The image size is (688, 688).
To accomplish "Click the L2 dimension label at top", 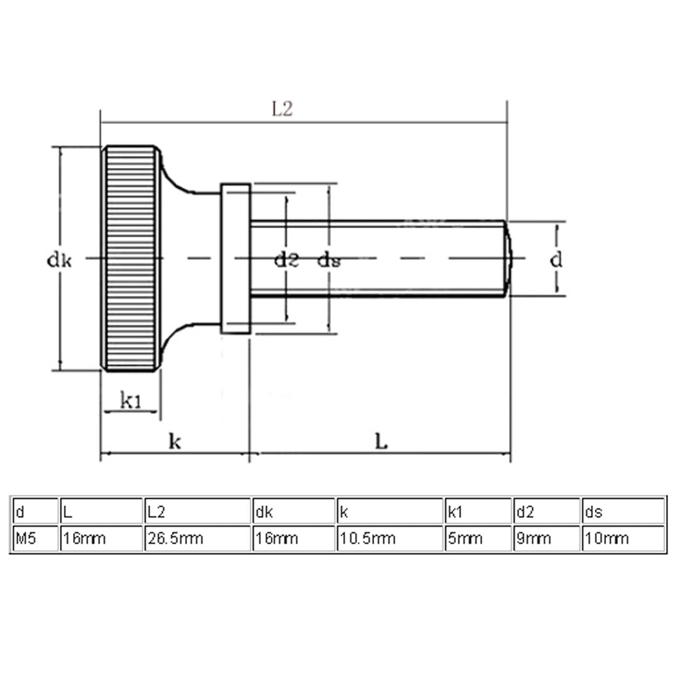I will click(282, 110).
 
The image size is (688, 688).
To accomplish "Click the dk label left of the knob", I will click(60, 260).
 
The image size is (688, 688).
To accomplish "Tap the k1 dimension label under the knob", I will click(130, 401).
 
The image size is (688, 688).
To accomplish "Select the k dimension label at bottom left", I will click(175, 442).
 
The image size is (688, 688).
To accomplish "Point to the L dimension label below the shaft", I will click(381, 442).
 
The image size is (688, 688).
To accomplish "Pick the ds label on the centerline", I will click(328, 260).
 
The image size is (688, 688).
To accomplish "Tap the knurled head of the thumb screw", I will click(131, 258).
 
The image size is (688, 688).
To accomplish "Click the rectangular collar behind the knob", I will click(235, 258).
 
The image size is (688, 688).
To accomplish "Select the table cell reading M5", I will click(34, 538).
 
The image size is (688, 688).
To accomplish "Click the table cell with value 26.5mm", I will click(196, 538).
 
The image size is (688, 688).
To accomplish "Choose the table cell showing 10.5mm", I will click(390, 538).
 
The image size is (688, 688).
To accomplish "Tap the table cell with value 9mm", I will click(547, 538).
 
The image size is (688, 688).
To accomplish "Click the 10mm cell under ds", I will click(623, 538).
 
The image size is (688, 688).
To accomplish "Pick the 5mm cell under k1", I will click(478, 538).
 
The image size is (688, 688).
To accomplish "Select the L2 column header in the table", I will click(196, 512).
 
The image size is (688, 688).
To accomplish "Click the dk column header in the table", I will click(294, 512).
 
